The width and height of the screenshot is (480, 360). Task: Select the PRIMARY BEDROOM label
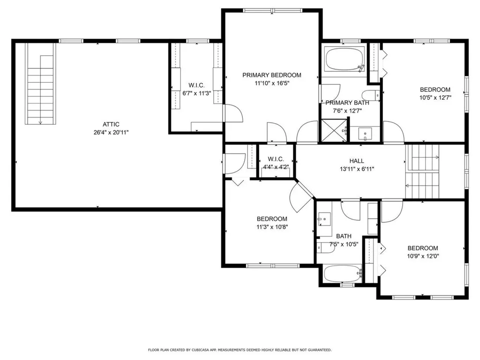point(271,75)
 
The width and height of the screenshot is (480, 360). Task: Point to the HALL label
point(356,161)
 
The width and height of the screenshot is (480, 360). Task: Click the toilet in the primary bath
point(373,94)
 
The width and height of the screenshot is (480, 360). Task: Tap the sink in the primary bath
point(365,134)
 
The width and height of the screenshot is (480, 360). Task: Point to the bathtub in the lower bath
point(342,273)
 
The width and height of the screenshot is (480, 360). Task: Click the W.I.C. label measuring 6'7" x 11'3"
point(196,85)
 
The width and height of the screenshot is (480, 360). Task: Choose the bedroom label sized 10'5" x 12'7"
point(435,90)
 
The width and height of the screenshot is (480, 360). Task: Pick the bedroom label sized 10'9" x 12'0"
point(422,248)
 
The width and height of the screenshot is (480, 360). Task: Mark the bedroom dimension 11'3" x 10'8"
point(272,227)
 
